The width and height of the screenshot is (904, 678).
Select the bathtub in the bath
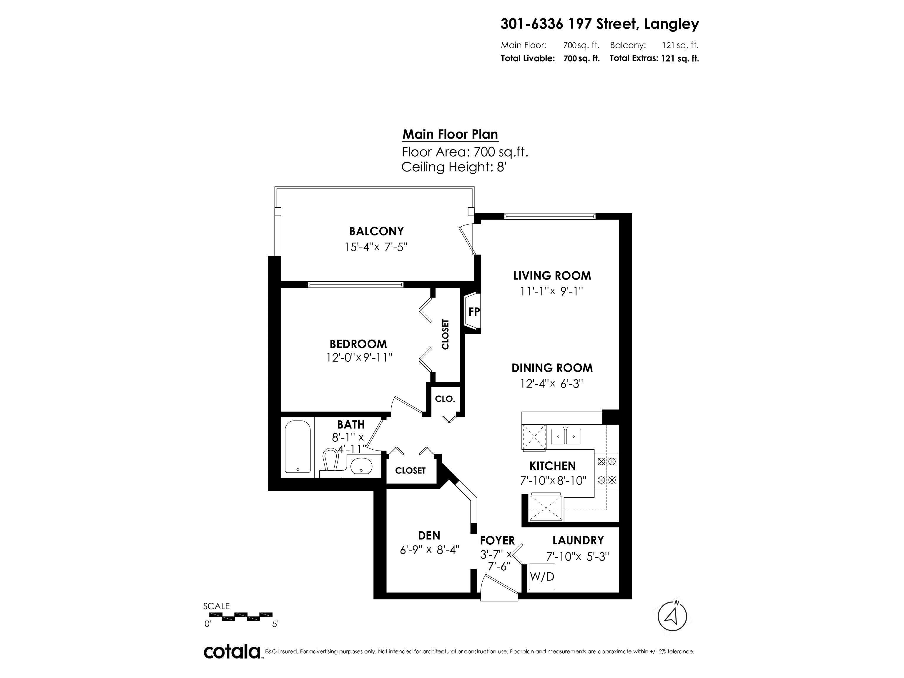coord(298,447)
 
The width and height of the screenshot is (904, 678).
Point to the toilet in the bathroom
coord(331,463)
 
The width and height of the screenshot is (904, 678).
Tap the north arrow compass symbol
coord(672,616)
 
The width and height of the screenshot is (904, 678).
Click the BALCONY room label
coord(376,231)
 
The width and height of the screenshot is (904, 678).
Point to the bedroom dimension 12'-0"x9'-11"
coord(359,358)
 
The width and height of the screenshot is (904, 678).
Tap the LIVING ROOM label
coord(552,275)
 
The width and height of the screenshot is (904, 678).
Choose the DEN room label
coord(429,535)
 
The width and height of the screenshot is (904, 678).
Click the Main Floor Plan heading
coord(450,134)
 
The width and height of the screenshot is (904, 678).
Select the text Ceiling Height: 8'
coord(454,167)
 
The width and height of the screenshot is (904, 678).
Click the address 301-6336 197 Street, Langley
coord(599,24)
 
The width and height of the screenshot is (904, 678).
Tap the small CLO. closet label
coord(445,399)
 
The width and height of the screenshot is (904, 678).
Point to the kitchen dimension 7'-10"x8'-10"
coord(553,481)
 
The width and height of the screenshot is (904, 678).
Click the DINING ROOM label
coord(552,368)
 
